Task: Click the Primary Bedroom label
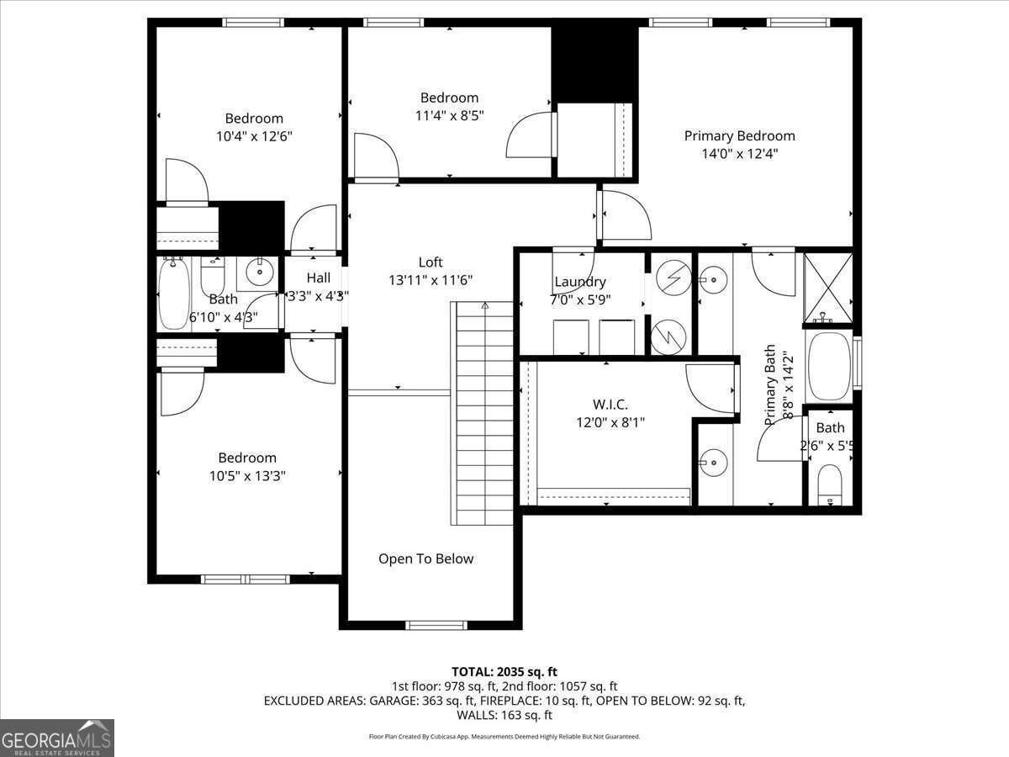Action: pyautogui.click(x=739, y=135)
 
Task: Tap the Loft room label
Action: pyautogui.click(x=430, y=262)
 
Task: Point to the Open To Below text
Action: pyautogui.click(x=425, y=558)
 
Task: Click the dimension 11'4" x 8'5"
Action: pyautogui.click(x=449, y=115)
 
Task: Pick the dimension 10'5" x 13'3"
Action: pyautogui.click(x=247, y=476)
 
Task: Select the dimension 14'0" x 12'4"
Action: pyautogui.click(x=739, y=154)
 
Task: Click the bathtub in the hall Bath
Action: pyautogui.click(x=175, y=294)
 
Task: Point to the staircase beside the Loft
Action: pyautogui.click(x=484, y=412)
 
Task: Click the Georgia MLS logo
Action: pyautogui.click(x=57, y=738)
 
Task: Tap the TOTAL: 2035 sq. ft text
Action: pyautogui.click(x=504, y=671)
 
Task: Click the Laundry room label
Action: pyautogui.click(x=579, y=282)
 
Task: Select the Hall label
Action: pyautogui.click(x=318, y=278)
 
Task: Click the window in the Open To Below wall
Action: pyautogui.click(x=436, y=625)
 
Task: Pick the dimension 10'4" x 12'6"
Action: pyautogui.click(x=254, y=135)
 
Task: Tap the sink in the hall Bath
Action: pyautogui.click(x=260, y=270)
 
